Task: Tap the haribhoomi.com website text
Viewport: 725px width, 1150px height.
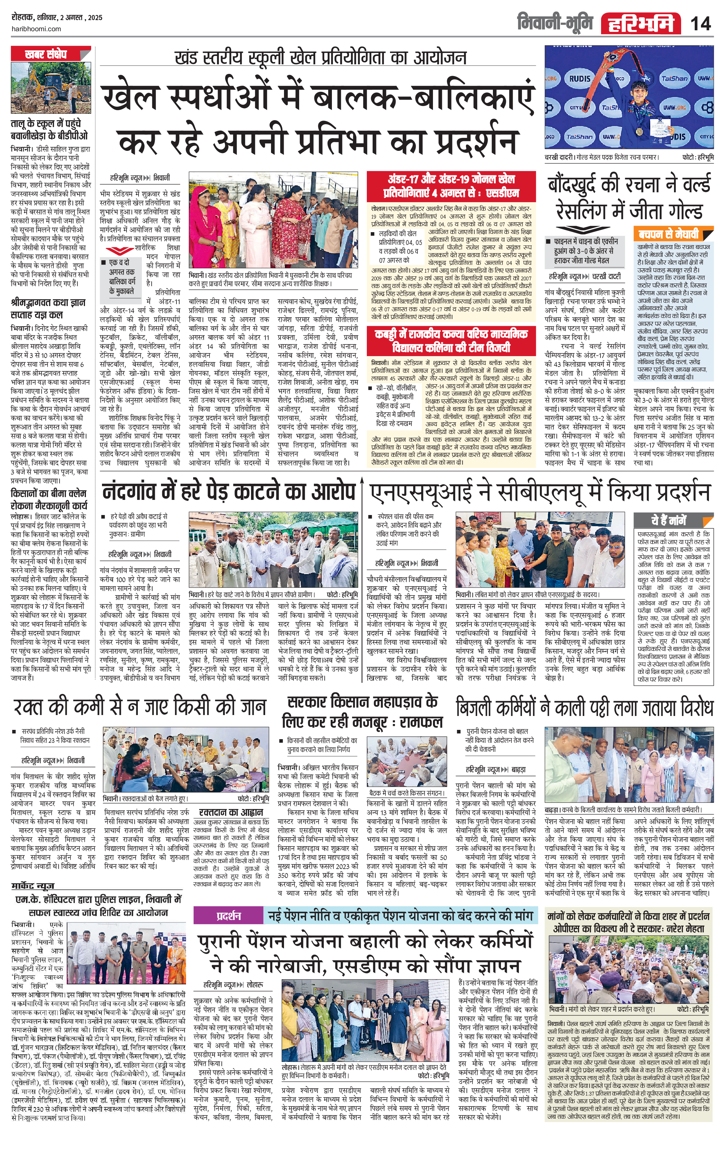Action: click(36, 29)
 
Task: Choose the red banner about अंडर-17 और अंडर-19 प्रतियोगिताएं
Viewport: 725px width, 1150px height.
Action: click(451, 186)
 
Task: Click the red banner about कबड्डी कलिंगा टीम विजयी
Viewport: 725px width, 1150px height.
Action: click(451, 340)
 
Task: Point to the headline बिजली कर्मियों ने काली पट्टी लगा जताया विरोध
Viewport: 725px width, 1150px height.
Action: click(584, 707)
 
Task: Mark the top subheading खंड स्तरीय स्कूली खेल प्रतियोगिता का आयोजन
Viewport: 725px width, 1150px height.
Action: click(320, 58)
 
